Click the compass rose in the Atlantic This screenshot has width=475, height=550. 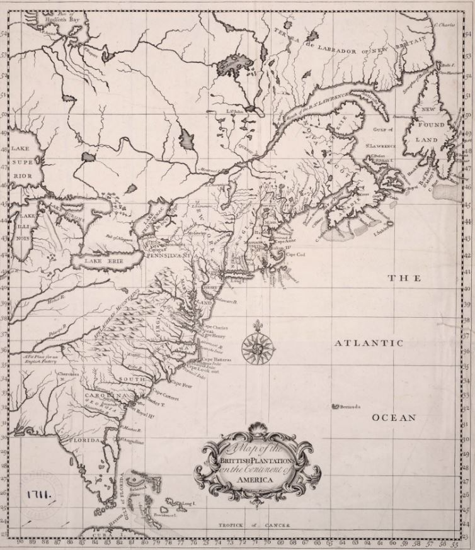(255, 345)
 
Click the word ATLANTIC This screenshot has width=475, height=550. (368, 343)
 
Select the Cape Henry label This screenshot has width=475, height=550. (210, 336)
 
